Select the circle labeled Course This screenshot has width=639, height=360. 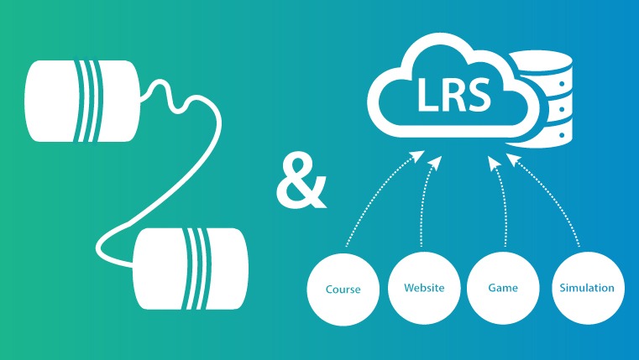[343, 290]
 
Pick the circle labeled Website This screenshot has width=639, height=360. [423, 288]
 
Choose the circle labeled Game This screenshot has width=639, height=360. [502, 288]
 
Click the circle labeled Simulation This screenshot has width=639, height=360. [586, 288]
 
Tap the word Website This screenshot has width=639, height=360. [423, 288]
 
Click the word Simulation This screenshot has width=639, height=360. [586, 288]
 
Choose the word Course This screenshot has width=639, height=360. [343, 290]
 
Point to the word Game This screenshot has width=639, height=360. [502, 288]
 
